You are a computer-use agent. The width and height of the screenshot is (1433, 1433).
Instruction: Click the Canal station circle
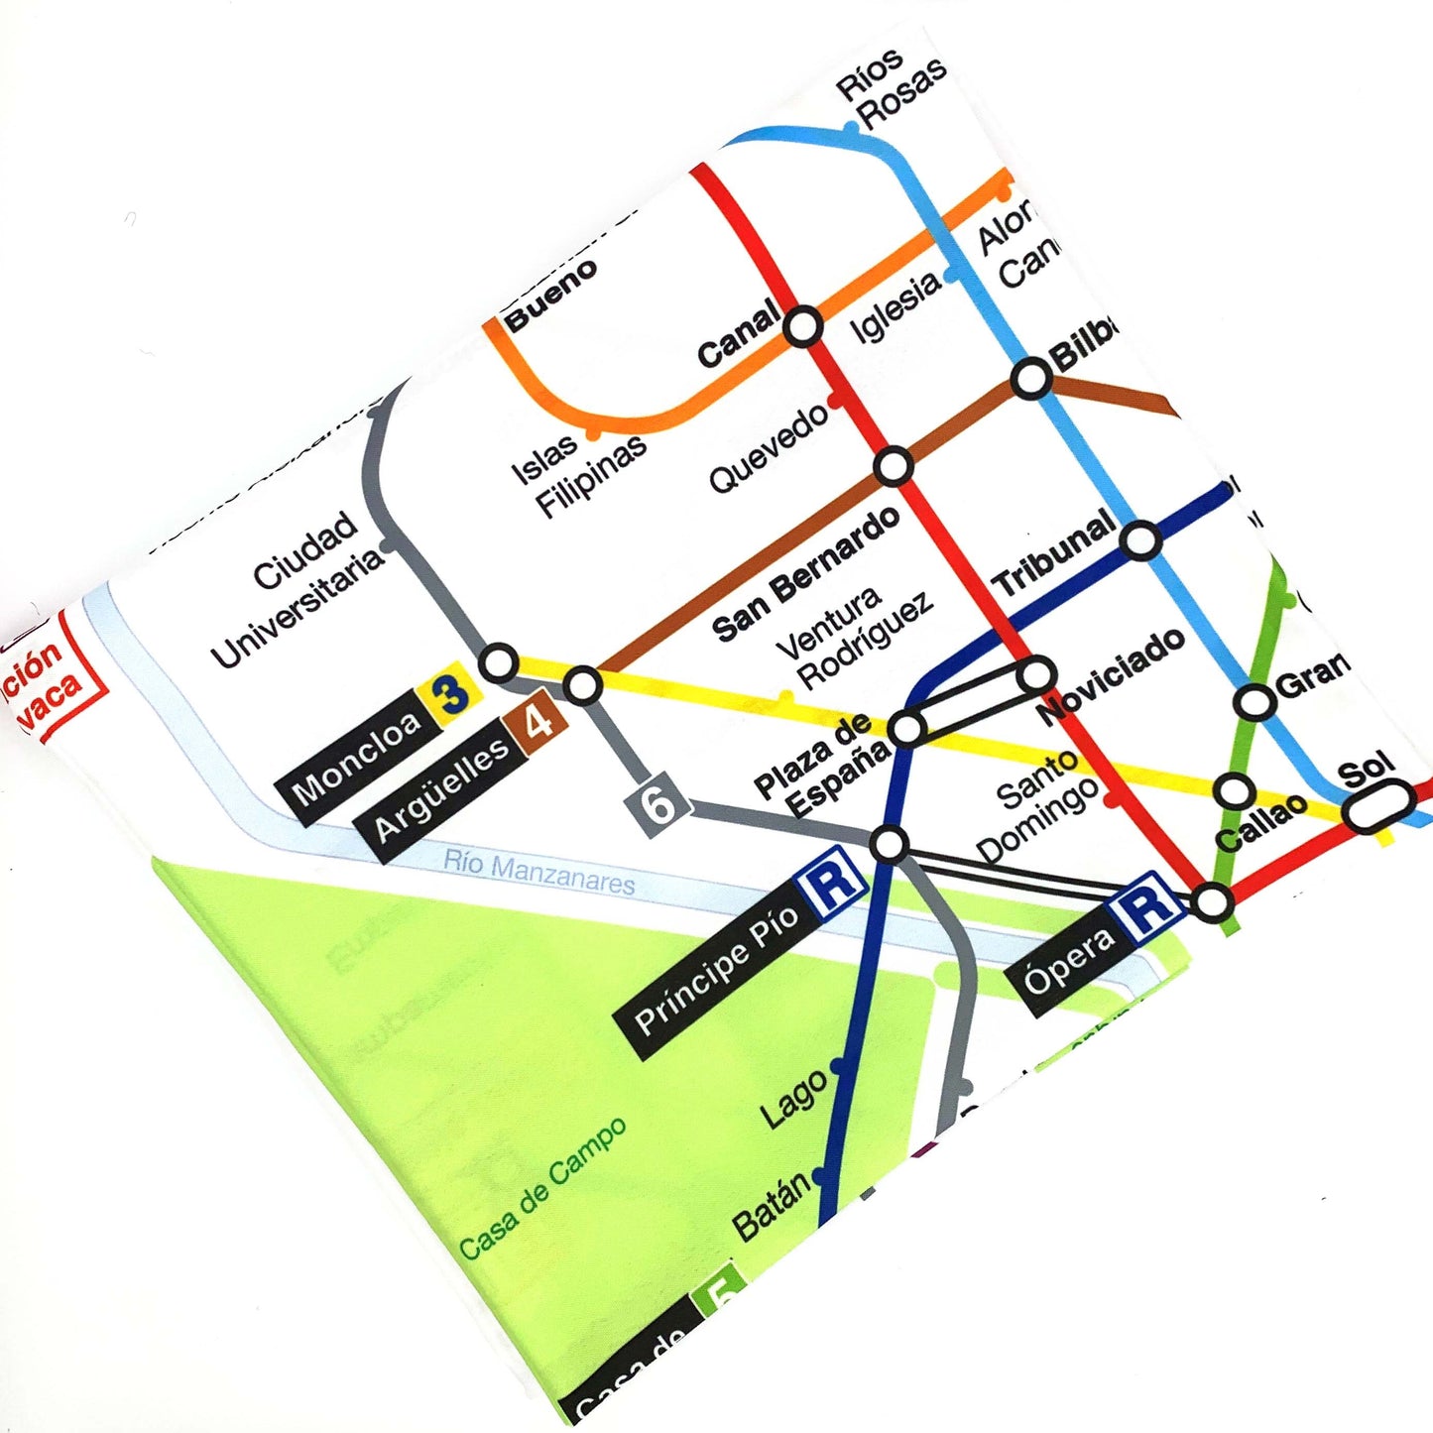[802, 325]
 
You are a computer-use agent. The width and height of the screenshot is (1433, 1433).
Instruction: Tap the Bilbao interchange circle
[1031, 378]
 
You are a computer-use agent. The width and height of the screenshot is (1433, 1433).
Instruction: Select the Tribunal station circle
[1140, 540]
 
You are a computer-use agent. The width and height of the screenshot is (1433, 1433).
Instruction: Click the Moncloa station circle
[499, 662]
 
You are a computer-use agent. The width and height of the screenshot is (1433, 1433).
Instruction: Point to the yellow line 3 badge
[451, 695]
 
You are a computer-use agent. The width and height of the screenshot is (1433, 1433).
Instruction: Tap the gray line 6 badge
[658, 801]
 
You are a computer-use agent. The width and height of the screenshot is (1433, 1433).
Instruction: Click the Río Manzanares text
[538, 873]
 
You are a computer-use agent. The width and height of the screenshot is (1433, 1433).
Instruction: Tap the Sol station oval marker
[1378, 805]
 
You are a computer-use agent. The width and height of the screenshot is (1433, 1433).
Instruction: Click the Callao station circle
[1234, 791]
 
